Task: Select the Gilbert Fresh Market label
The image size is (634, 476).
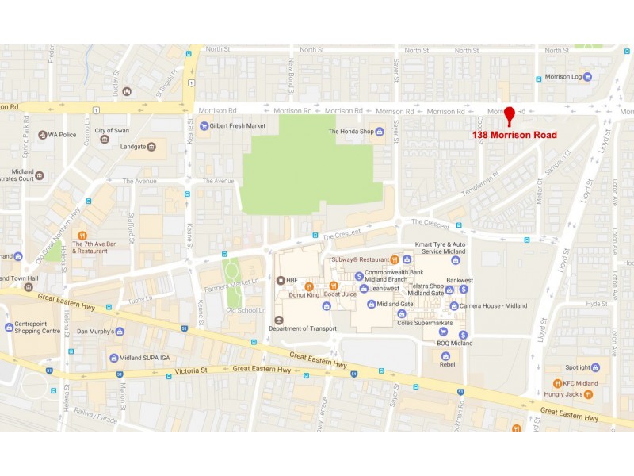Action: coord(238,125)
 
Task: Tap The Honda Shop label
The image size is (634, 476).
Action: coord(356,131)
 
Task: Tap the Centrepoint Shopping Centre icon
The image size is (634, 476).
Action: coord(9,326)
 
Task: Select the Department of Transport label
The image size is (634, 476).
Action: coord(303,328)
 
